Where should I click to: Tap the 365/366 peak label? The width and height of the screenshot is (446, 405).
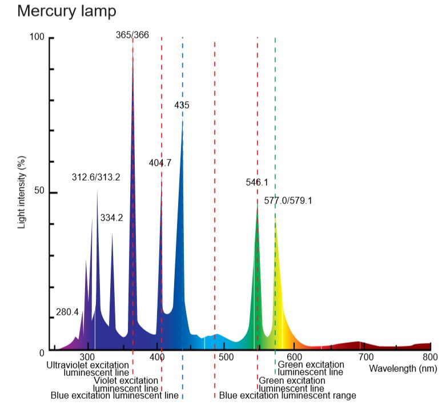(x=132, y=35)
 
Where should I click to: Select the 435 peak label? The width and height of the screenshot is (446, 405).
(x=182, y=105)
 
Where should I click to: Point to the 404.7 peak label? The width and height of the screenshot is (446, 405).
(x=160, y=163)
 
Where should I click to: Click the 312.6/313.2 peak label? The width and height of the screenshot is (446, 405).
(x=96, y=177)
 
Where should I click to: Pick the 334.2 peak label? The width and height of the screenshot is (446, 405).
(x=111, y=218)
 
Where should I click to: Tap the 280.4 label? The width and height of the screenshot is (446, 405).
(x=67, y=312)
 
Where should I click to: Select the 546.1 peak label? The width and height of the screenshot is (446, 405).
(x=256, y=183)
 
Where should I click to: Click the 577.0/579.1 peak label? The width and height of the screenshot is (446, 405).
(x=288, y=201)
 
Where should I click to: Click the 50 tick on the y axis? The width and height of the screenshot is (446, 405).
(x=39, y=193)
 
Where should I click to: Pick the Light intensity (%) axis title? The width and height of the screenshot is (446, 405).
(x=22, y=191)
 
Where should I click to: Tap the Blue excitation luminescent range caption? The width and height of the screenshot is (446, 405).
(x=288, y=395)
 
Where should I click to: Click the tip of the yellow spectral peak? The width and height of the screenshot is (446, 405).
(x=275, y=218)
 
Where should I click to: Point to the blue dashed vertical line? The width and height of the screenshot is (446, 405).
(x=183, y=228)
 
